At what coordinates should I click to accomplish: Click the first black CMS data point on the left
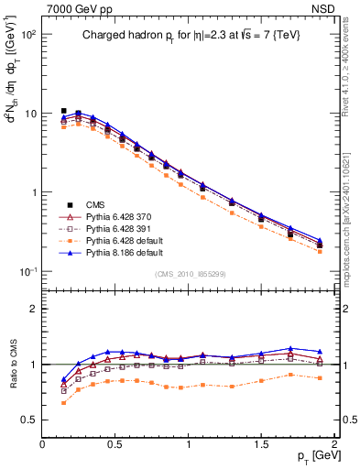63,111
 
